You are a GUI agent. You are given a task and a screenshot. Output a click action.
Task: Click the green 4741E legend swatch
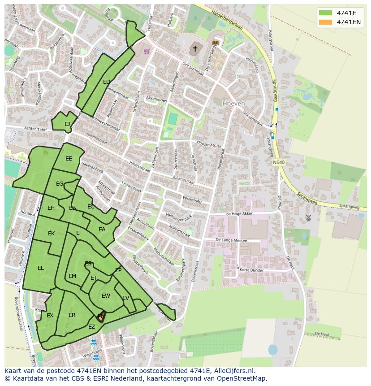pyautogui.click(x=326, y=13)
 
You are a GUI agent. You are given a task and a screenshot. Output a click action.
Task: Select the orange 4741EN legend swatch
pyautogui.click(x=326, y=22)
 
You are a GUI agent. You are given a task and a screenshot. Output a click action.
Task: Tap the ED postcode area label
pyautogui.click(x=107, y=82)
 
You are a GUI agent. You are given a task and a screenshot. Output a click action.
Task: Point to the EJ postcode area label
pyautogui.click(x=67, y=124)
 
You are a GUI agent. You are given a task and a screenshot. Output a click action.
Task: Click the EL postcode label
pyautogui.click(x=41, y=268)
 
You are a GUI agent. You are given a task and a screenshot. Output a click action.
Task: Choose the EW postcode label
pyautogui.click(x=106, y=296)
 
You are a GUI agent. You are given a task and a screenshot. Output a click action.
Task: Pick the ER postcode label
pyautogui.click(x=72, y=315)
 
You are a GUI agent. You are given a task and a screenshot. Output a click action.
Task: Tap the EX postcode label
pyautogui.click(x=50, y=316)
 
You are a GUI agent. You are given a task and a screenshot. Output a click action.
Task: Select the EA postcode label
pyautogui.click(x=102, y=230)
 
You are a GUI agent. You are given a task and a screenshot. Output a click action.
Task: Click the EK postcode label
pyautogui.click(x=51, y=234)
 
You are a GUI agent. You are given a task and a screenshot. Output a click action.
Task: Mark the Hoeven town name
pyautogui.click(x=233, y=104)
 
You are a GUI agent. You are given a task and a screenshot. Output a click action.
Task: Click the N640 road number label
pyautogui.click(x=278, y=162)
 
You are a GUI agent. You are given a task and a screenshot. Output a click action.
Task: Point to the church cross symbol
pyautogui.click(x=195, y=48)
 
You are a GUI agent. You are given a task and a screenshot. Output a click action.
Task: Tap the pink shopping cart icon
pyautogui.click(x=147, y=51)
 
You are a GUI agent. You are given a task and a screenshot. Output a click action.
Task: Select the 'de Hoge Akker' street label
pyautogui.click(x=240, y=214)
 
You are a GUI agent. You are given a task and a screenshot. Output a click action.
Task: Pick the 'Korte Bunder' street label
pyautogui.click(x=251, y=270)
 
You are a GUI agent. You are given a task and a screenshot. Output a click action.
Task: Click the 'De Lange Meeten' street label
pyautogui.click(x=231, y=241)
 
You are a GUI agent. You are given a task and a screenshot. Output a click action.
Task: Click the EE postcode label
pyautogui.click(x=69, y=159)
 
